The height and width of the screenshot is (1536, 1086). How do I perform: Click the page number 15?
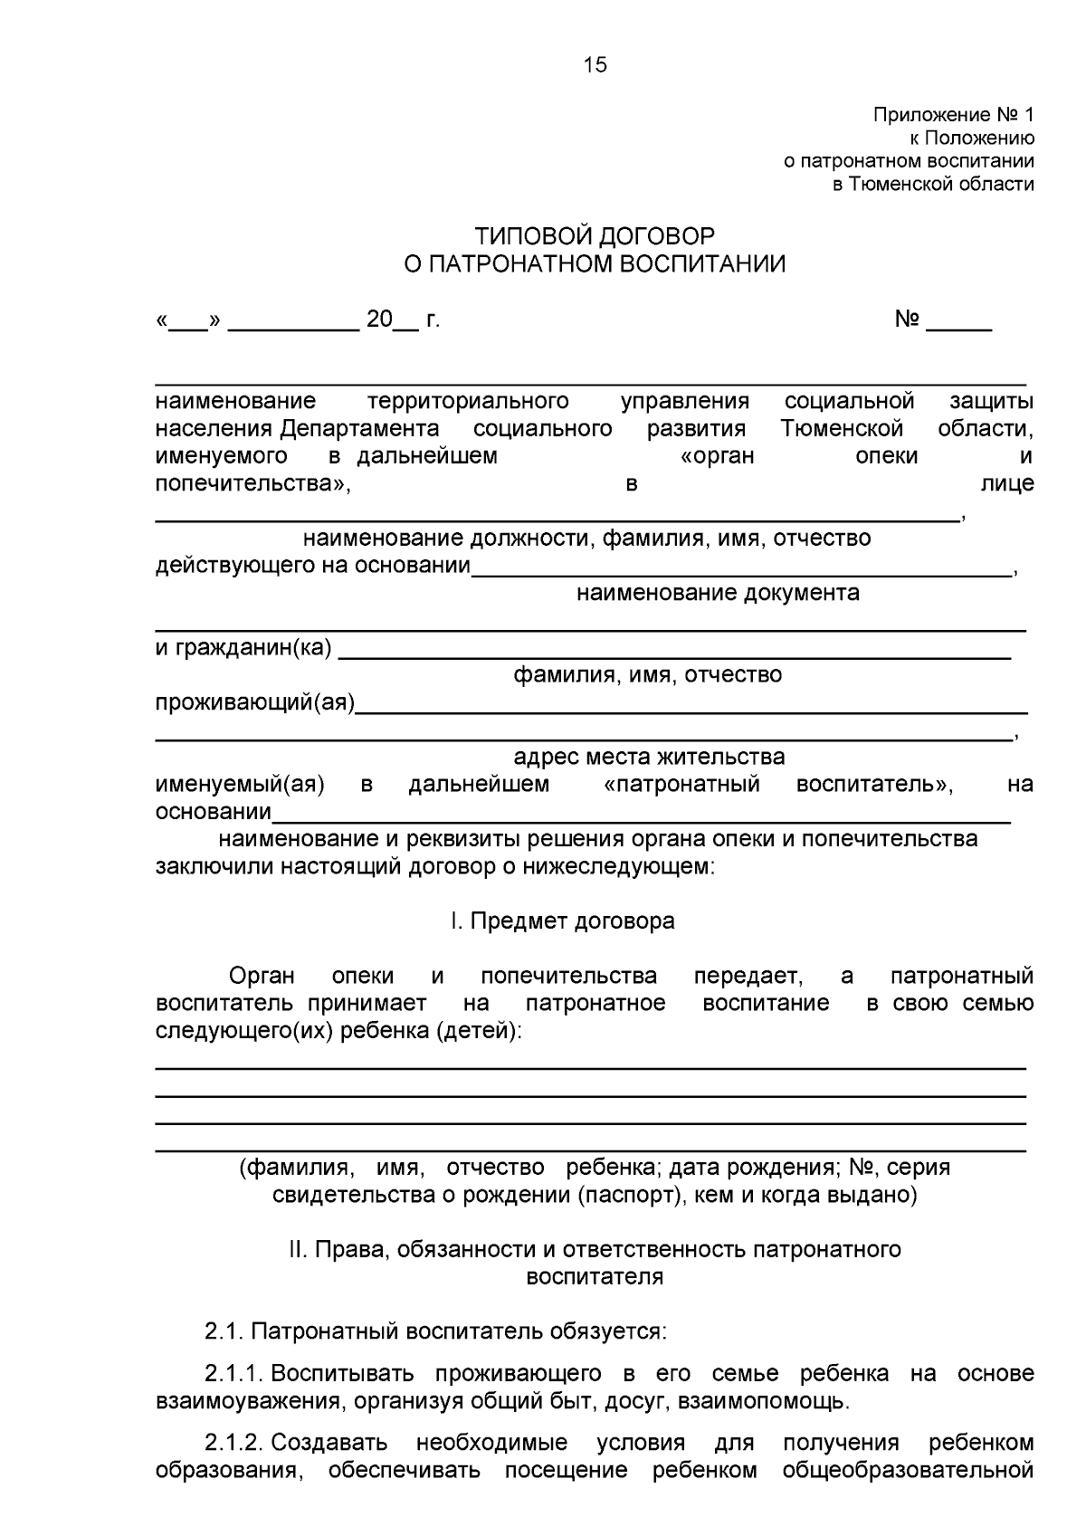point(595,65)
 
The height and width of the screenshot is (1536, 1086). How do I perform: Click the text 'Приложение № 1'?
point(953,116)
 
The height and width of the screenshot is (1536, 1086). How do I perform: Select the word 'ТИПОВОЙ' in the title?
point(530,236)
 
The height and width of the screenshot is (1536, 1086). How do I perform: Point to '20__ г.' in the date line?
point(403,320)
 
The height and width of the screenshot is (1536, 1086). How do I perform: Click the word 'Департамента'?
point(359,428)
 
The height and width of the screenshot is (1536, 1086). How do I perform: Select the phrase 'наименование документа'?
point(718,594)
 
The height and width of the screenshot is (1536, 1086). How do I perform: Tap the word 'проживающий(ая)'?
point(254,703)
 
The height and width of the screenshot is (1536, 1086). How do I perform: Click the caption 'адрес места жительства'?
point(649,757)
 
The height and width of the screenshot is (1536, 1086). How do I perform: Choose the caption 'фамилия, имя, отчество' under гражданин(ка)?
point(647,675)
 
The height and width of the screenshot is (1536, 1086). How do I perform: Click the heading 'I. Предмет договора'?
point(562,921)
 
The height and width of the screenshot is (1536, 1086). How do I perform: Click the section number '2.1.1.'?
point(233,1374)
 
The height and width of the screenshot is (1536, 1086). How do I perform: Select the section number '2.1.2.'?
point(233,1443)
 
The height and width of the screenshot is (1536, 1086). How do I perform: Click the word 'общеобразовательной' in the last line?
point(908,1470)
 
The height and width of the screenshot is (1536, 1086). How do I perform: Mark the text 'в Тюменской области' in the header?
point(933,185)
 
